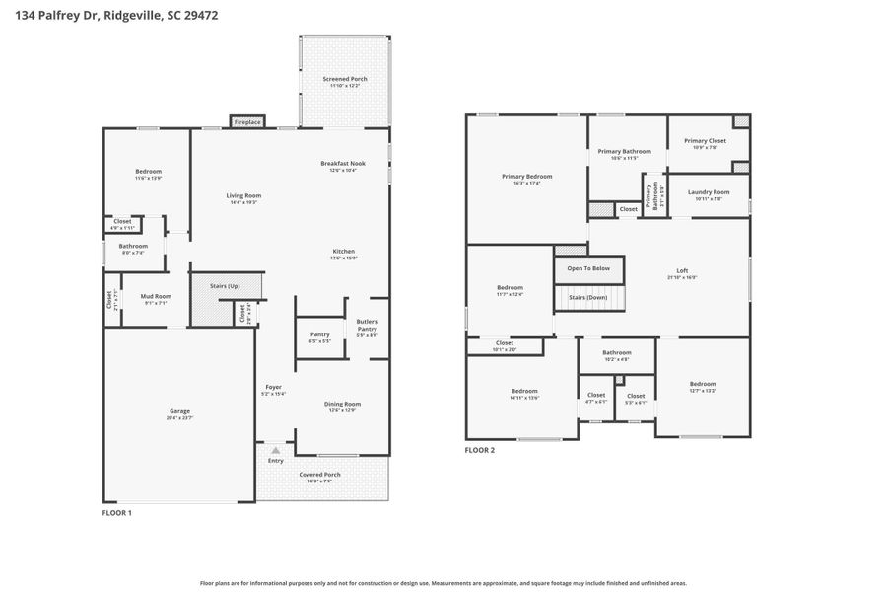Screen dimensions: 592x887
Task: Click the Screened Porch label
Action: [x=344, y=79]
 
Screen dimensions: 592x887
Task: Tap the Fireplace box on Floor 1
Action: [x=247, y=122]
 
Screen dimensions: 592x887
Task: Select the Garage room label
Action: [x=179, y=411]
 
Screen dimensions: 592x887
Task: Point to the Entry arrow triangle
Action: [x=275, y=450]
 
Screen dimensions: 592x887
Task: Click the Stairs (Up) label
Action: [x=226, y=286]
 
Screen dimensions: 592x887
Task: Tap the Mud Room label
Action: [x=156, y=296]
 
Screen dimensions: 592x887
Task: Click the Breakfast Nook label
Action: [x=342, y=163]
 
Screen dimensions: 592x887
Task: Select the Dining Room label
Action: [x=342, y=404]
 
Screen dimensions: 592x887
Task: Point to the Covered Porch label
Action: [x=320, y=475]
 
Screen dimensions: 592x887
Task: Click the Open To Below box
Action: [x=588, y=268]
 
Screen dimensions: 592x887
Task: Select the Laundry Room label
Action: [x=708, y=192]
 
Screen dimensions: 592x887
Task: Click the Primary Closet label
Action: [x=705, y=141]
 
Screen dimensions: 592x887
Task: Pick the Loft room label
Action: [x=681, y=271]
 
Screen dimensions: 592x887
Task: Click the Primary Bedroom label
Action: [x=526, y=177]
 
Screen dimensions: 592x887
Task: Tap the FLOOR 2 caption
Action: [x=480, y=451]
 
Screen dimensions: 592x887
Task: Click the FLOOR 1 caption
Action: [x=117, y=513]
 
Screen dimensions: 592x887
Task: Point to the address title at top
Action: [x=110, y=15]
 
